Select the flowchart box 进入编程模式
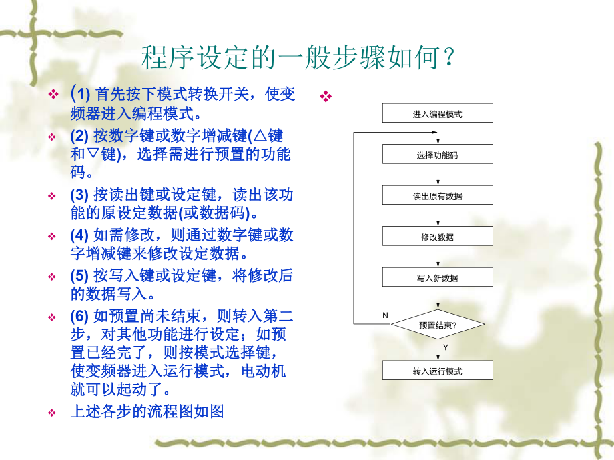[x=437, y=113]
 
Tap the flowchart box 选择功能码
[x=437, y=155]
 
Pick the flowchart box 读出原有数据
[x=437, y=196]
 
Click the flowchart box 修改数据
[x=437, y=237]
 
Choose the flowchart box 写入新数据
[x=437, y=278]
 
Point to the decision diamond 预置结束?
[x=437, y=325]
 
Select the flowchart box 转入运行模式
[x=437, y=371]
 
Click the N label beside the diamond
[x=385, y=314]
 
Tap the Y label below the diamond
[x=445, y=348]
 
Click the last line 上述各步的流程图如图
[x=147, y=411]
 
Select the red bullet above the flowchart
[x=326, y=97]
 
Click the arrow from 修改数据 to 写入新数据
[x=437, y=257]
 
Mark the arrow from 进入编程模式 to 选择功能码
[x=437, y=133]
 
